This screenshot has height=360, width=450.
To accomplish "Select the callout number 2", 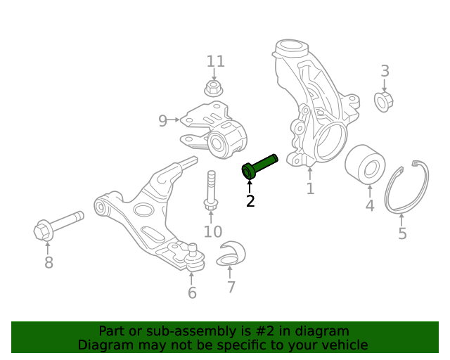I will point(250,202).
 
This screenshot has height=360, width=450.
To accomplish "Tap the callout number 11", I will point(215,61).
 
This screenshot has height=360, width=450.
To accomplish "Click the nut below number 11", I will point(214,89).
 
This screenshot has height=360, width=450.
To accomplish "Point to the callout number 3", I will point(385,70).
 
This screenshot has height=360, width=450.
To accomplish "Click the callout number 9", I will point(162,121).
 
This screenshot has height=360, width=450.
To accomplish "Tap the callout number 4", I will point(369,206).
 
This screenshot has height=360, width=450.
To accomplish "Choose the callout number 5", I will point(402,233).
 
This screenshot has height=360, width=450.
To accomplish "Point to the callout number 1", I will point(309,188).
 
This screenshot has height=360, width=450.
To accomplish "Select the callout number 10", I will point(212,231).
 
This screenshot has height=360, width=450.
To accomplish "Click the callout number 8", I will point(49,263).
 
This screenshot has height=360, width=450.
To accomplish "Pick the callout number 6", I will point(192,292).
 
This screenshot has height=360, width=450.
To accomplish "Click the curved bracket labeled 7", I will point(231,255).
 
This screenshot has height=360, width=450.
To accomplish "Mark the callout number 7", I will point(231,287).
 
